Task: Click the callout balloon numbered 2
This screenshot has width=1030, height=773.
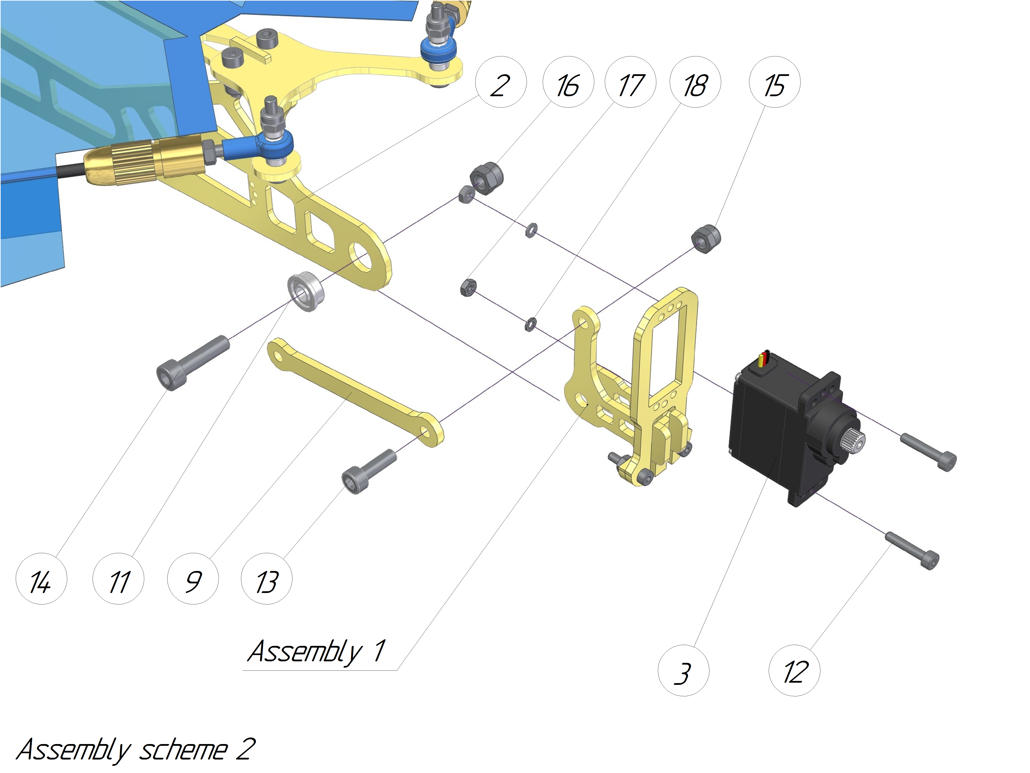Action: click(501, 82)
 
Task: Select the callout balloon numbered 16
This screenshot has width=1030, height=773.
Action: click(568, 82)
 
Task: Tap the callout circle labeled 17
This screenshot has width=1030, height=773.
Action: click(630, 82)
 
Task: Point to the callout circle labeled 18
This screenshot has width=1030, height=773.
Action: click(695, 82)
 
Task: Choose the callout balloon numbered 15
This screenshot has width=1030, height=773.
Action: click(774, 82)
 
